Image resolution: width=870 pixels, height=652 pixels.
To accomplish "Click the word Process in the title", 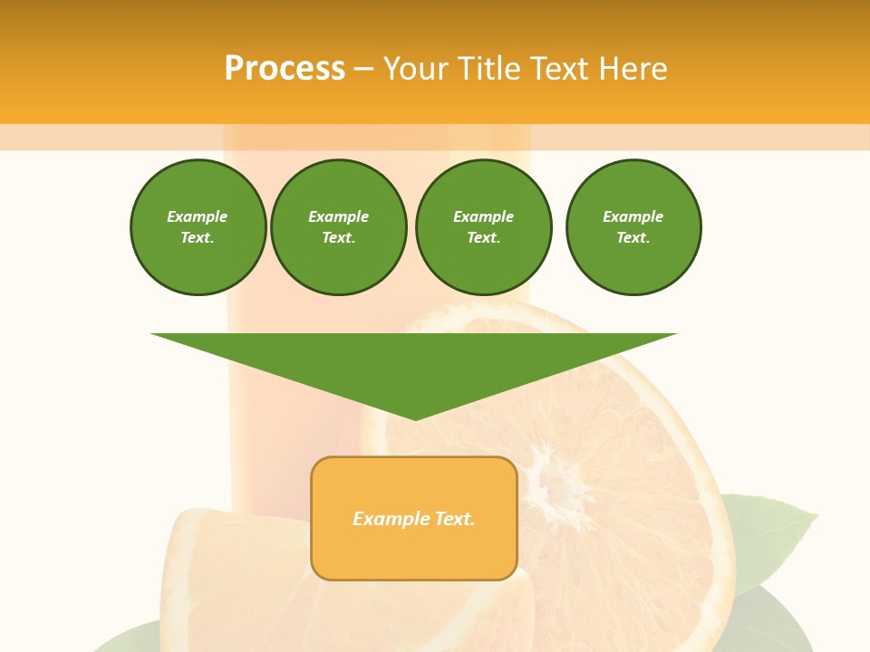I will click(285, 69).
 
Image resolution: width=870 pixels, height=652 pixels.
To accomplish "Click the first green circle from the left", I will click(198, 227).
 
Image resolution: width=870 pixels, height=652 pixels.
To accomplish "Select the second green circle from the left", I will click(338, 227).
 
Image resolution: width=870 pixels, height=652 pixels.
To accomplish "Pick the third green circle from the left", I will click(483, 227).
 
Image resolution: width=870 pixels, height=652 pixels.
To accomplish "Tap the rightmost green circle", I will click(633, 227).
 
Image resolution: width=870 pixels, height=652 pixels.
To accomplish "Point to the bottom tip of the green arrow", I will click(415, 417).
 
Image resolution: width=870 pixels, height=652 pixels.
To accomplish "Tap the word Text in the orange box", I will click(453, 519).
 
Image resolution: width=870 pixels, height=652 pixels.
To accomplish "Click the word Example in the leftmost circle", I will click(198, 216).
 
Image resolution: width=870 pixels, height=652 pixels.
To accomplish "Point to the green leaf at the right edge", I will click(770, 534).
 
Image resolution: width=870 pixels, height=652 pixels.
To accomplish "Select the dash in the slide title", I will click(364, 69).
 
